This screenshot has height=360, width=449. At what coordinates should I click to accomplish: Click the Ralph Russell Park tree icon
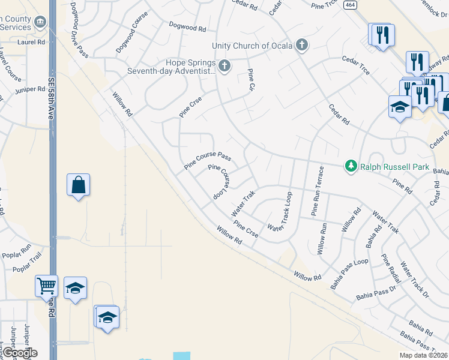351,166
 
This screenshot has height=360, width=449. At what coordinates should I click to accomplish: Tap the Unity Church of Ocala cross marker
302,45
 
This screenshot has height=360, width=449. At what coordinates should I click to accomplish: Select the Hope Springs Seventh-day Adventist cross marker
224,65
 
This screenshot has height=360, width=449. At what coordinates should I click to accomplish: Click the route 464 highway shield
349,4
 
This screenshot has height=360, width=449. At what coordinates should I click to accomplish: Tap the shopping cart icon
46,287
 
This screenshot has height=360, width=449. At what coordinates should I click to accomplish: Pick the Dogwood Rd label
187,27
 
